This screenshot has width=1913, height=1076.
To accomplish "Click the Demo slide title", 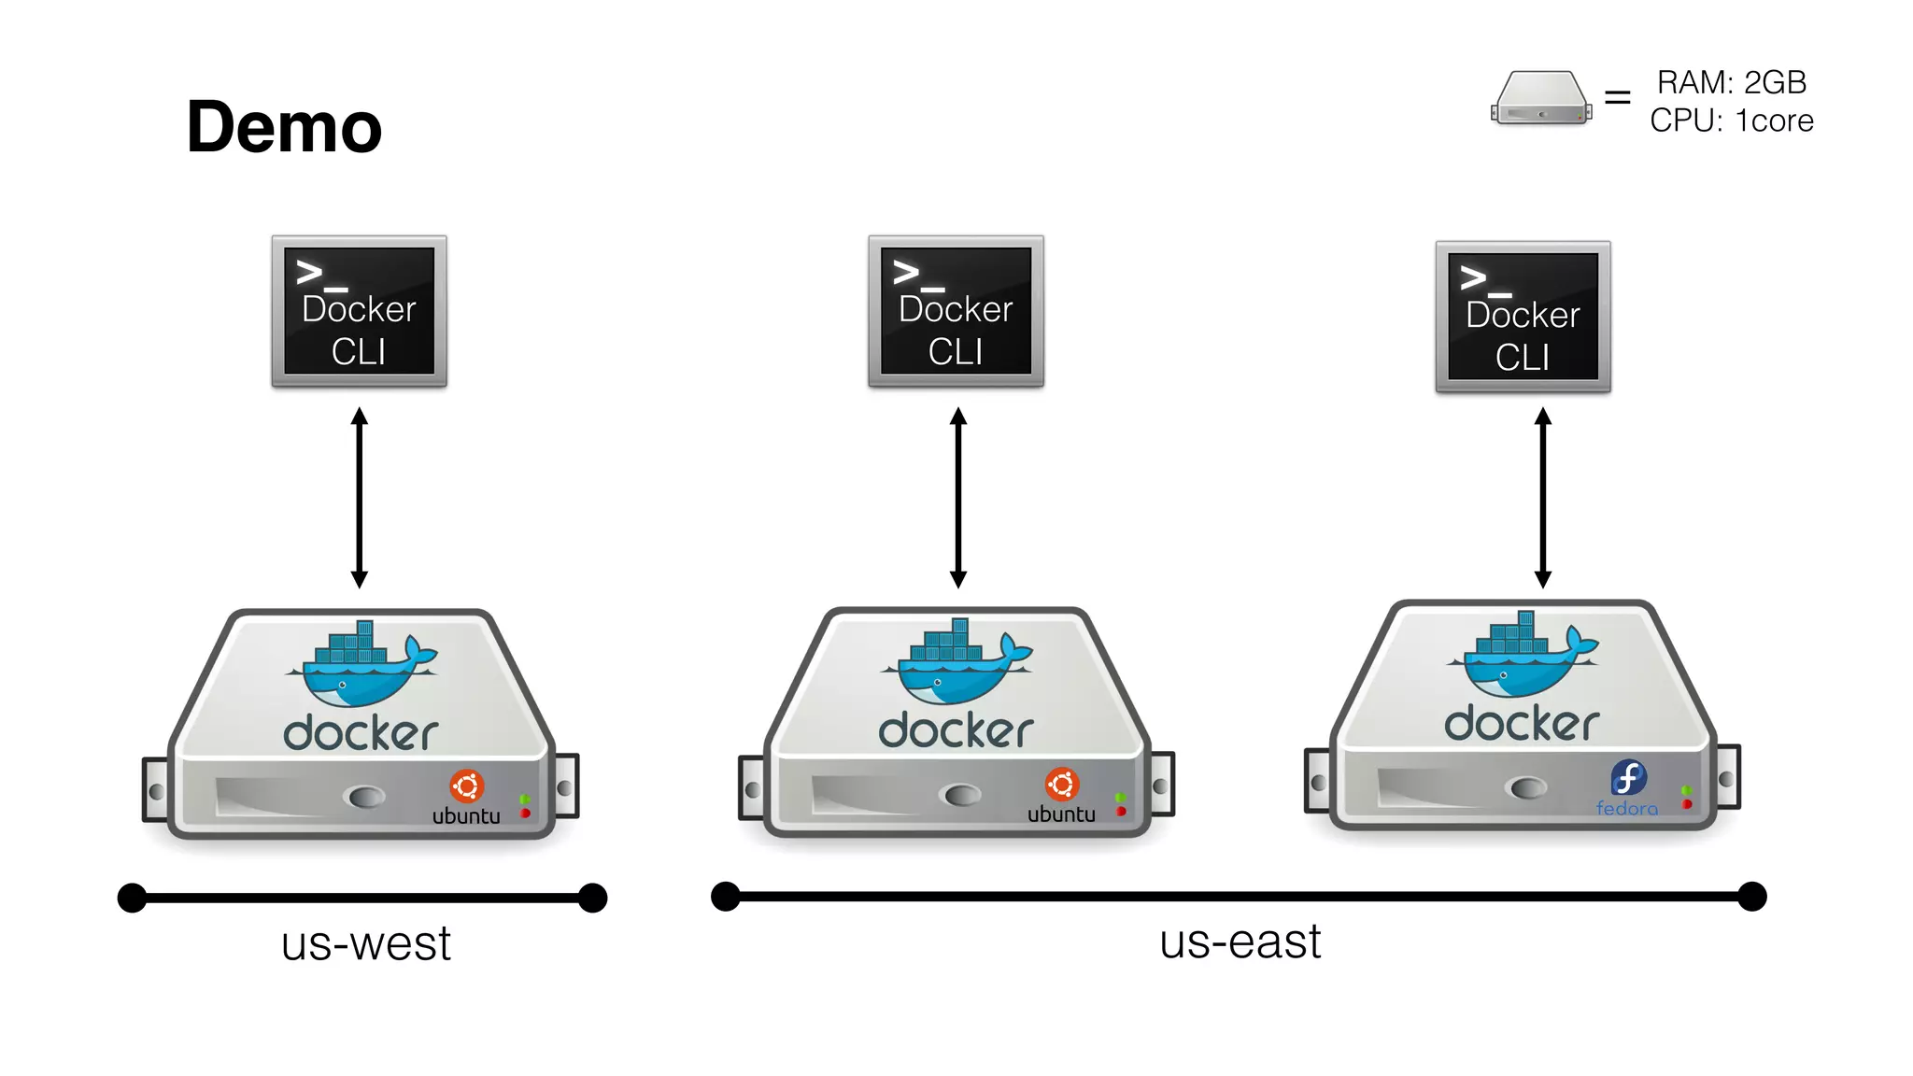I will tap(284, 127).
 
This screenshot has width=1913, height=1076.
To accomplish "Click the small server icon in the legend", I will tap(1541, 98).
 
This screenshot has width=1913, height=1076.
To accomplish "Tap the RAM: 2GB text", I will tap(1731, 82).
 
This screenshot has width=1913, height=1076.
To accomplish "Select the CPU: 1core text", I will tap(1731, 120).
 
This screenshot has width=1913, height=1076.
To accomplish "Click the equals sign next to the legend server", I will tap(1617, 97).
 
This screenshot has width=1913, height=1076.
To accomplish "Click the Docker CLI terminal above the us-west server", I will tap(359, 311).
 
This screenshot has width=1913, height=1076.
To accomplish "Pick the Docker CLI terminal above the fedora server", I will tap(1523, 317).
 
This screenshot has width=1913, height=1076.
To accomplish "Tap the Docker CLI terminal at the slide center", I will tap(956, 311).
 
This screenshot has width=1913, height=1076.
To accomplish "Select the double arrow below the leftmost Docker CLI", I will tap(359, 497).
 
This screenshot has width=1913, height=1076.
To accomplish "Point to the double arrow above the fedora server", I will tap(1543, 497).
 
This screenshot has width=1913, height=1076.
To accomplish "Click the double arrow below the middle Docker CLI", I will tap(958, 497).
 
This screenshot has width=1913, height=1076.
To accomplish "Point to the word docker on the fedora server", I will tap(1522, 724).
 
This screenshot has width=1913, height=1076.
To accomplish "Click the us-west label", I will tap(365, 943).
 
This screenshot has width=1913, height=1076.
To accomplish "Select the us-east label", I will tap(1240, 941).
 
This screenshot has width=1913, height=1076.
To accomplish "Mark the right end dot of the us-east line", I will tap(1751, 897).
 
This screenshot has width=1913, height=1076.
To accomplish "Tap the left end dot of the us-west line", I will tap(133, 899).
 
